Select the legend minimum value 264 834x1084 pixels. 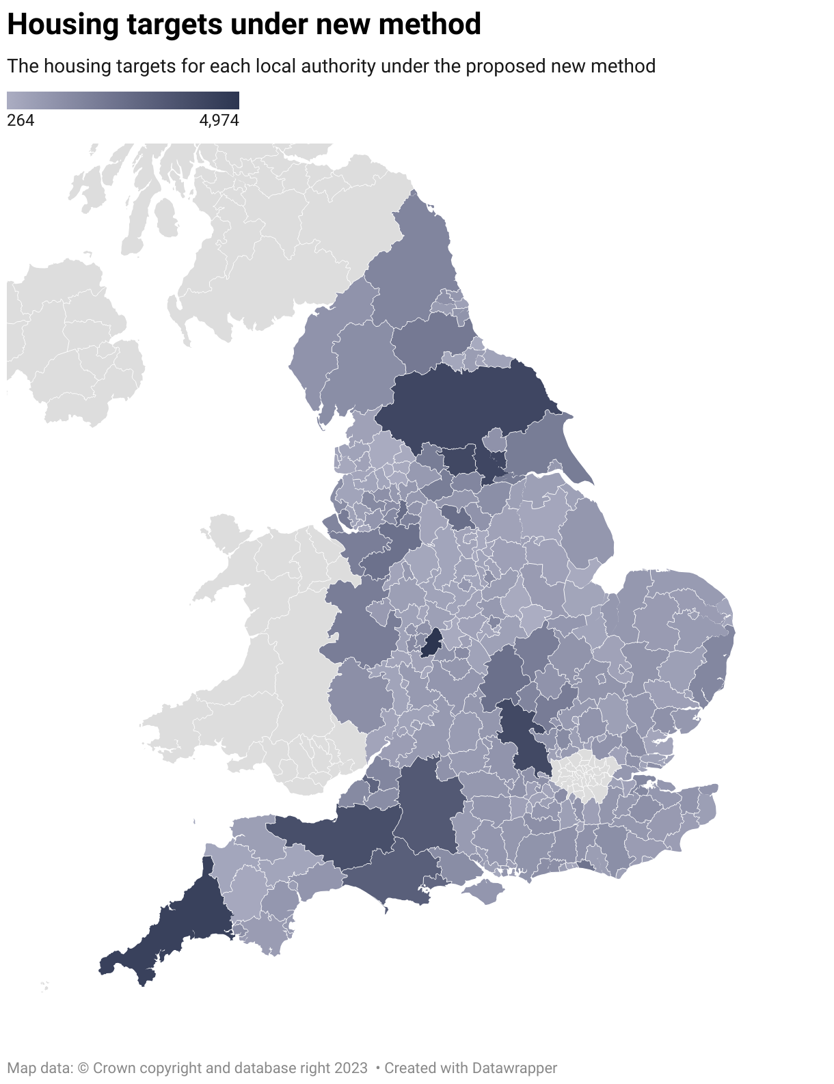21,121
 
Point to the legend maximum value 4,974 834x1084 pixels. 219,121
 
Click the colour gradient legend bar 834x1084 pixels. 123,100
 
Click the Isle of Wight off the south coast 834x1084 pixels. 486,891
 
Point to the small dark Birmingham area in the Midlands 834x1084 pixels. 431,643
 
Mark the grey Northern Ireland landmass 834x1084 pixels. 68,342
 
